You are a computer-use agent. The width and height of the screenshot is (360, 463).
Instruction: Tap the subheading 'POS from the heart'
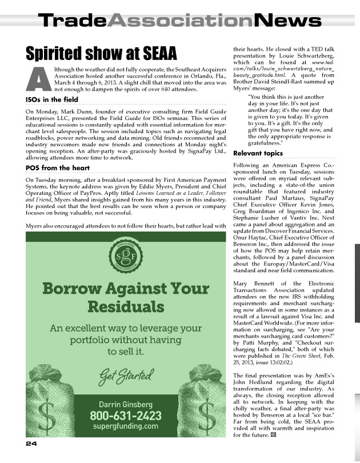pyautogui.click(x=58, y=168)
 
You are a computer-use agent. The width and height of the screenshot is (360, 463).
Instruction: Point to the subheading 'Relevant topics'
pyautogui.click(x=258, y=153)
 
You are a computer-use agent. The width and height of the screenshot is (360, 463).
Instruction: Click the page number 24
pyautogui.click(x=31, y=444)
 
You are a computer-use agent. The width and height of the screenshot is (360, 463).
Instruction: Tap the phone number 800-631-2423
pyautogui.click(x=126, y=415)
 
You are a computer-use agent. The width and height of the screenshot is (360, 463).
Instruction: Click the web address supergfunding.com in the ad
pyautogui.click(x=126, y=426)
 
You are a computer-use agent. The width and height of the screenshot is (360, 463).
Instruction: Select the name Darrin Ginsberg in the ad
pyautogui.click(x=126, y=404)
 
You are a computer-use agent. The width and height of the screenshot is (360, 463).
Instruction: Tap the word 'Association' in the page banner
pyautogui.click(x=180, y=21)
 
